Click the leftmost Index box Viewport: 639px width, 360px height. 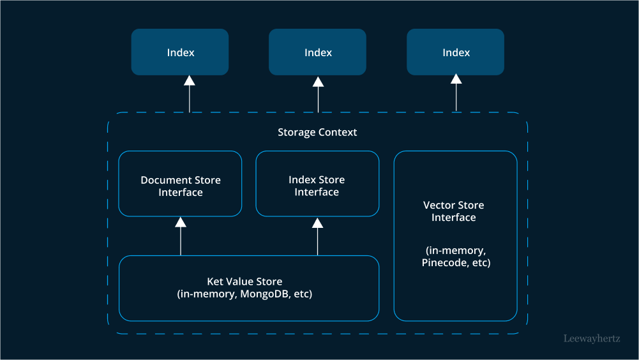pyautogui.click(x=180, y=52)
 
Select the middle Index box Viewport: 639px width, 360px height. pyautogui.click(x=318, y=52)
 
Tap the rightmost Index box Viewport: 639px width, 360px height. pyautogui.click(x=456, y=52)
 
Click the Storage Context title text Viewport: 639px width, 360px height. pyautogui.click(x=317, y=132)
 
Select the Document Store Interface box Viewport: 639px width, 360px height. pyautogui.click(x=181, y=184)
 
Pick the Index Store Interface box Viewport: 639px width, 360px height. pyautogui.click(x=317, y=184)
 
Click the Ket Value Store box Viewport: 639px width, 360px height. pyautogui.click(x=249, y=288)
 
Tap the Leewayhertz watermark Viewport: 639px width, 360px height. pyautogui.click(x=592, y=339)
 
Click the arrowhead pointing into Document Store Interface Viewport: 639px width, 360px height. pyautogui.click(x=181, y=222)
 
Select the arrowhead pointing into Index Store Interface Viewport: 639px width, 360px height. pyautogui.click(x=317, y=222)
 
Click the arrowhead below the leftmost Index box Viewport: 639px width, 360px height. pyautogui.click(x=189, y=80)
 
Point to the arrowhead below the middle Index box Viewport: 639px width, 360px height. pyautogui.click(x=318, y=81)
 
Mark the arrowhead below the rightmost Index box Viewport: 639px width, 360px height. pyautogui.click(x=456, y=79)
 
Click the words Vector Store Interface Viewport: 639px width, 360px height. pyautogui.click(x=454, y=211)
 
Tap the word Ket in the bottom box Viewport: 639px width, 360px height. pyautogui.click(x=214, y=281)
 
